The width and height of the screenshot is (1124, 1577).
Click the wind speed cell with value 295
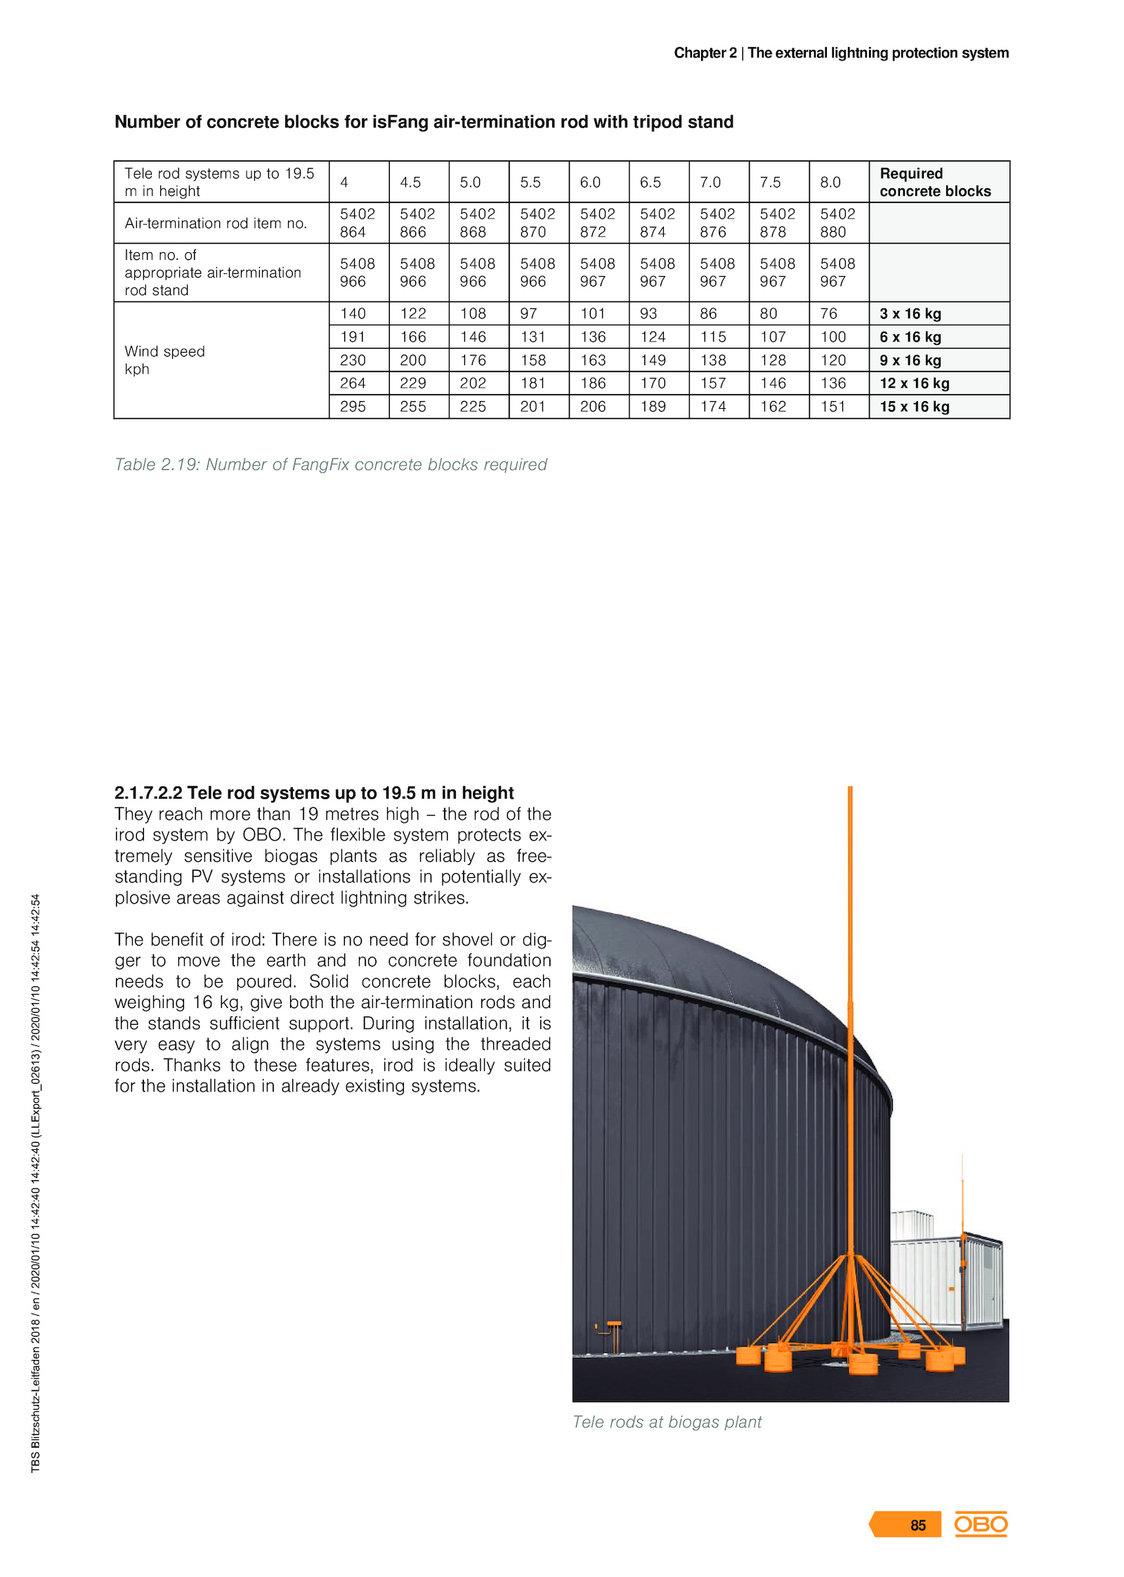(353, 407)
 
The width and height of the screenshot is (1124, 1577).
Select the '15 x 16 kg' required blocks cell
(914, 407)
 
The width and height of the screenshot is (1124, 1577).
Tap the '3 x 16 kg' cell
(910, 314)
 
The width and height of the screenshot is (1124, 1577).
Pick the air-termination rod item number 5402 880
(837, 223)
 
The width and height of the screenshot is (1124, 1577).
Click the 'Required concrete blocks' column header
(934, 183)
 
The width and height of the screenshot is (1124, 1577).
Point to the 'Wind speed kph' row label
(164, 360)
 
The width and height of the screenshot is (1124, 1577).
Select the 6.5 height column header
(650, 183)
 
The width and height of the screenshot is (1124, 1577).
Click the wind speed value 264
(353, 384)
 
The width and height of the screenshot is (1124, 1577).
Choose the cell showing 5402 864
(357, 223)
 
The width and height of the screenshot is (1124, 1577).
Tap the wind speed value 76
(829, 314)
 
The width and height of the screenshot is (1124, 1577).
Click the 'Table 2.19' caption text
(330, 465)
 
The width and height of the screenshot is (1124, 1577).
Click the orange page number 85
(917, 1525)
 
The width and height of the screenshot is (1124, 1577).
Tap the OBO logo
(981, 1524)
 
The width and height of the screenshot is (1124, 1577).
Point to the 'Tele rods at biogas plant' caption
(667, 1422)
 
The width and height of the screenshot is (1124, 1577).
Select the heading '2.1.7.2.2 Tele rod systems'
(314, 793)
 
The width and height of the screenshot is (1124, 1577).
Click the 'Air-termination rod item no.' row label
(216, 223)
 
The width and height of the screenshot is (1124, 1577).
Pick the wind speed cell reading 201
(532, 407)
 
